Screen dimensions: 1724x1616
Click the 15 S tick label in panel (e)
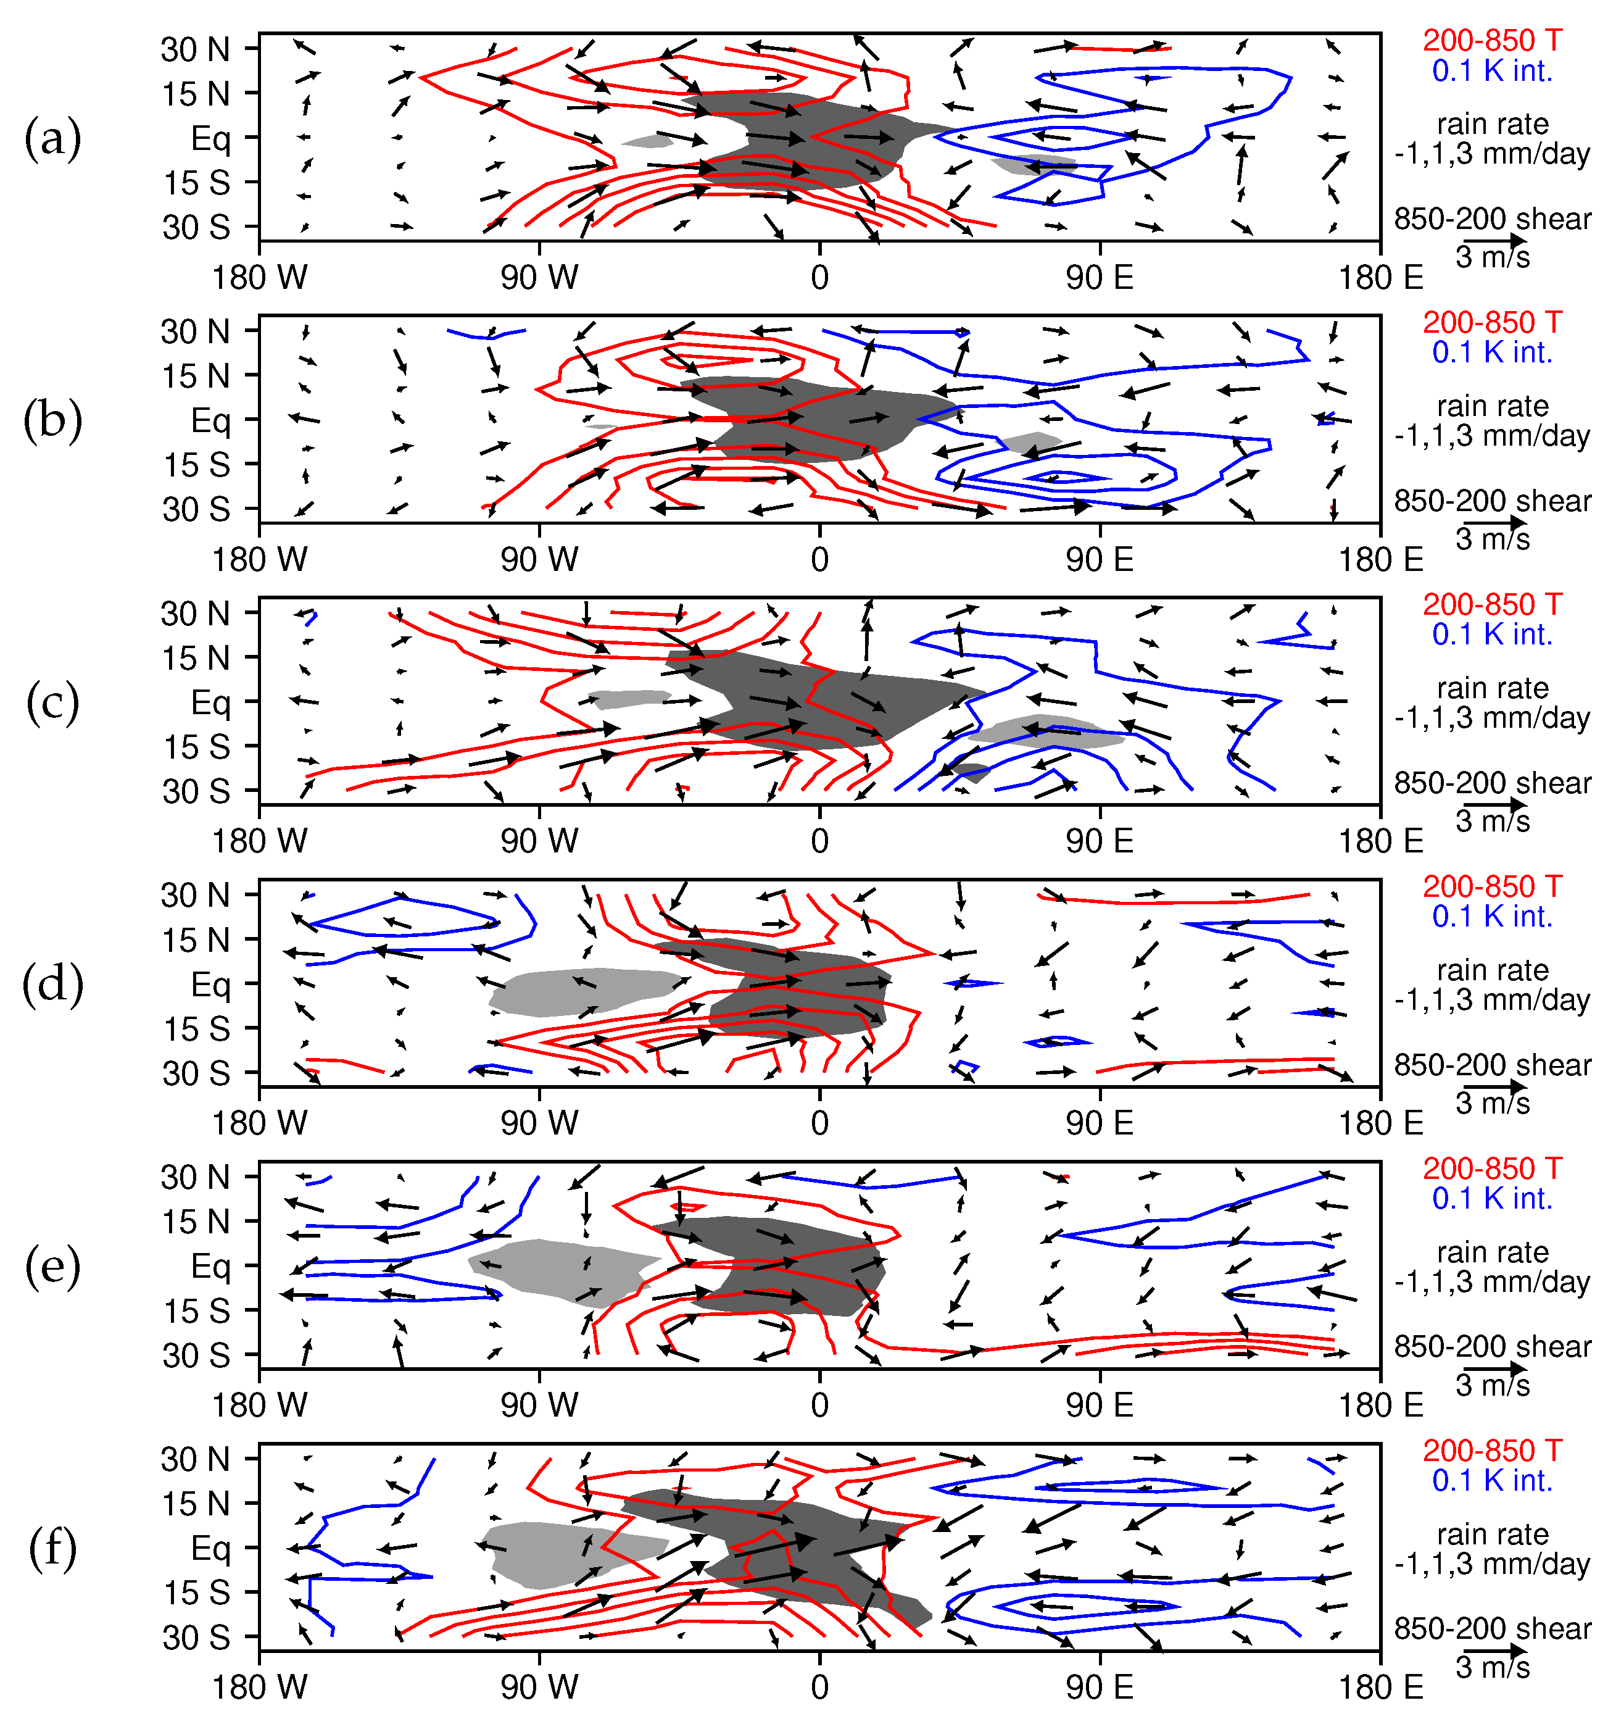click(197, 1311)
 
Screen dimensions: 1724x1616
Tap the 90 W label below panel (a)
click(539, 278)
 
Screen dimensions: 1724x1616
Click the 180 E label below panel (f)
click(1380, 1688)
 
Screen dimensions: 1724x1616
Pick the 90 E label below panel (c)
click(1100, 841)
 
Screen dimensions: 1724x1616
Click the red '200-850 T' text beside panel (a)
click(1492, 40)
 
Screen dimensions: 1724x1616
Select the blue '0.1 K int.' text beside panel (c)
click(1492, 635)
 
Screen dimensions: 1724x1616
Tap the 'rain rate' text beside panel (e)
click(1492, 1252)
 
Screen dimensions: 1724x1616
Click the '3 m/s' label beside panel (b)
click(1492, 539)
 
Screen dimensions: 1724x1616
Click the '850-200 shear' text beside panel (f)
click(1492, 1628)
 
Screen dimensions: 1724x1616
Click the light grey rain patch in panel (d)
click(581, 990)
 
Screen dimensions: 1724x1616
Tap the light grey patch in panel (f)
click(555, 1557)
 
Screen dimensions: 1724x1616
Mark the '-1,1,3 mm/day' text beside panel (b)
click(1492, 435)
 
